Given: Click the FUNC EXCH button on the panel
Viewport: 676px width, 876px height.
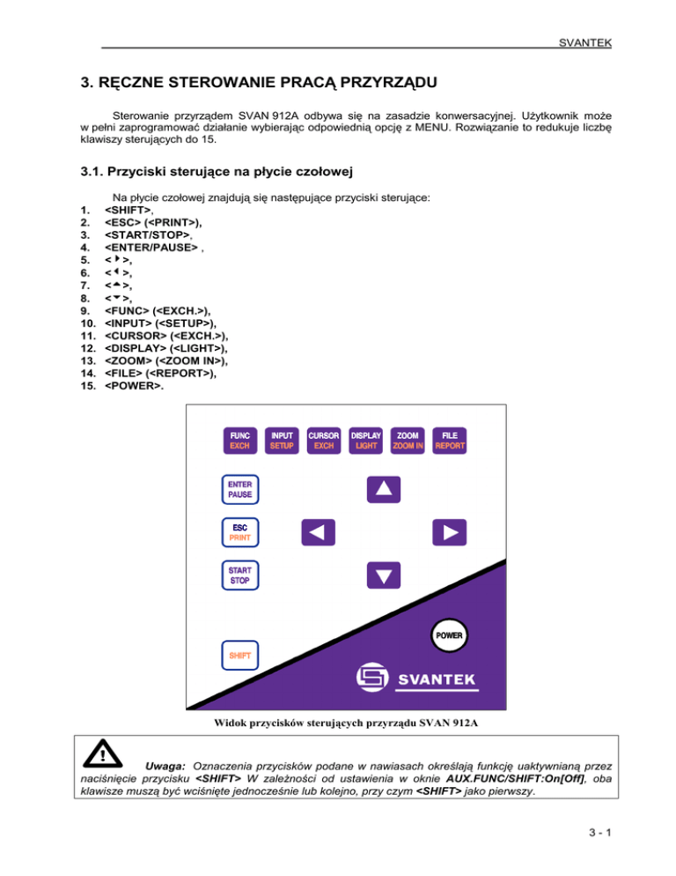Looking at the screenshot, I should (x=240, y=441).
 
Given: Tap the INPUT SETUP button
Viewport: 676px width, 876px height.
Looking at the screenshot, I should (x=282, y=441).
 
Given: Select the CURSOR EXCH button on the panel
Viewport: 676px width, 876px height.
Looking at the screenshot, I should (x=323, y=441).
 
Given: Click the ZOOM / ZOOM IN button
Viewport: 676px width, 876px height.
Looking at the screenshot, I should (x=408, y=441).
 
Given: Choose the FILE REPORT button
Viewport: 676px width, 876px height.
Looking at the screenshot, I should (x=450, y=441).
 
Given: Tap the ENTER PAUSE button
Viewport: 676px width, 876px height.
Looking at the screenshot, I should (x=240, y=489).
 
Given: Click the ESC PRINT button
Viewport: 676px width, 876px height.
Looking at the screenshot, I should (x=240, y=531).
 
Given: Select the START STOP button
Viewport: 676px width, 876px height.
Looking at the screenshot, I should (x=240, y=575).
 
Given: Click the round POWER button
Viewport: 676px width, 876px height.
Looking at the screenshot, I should (x=448, y=635).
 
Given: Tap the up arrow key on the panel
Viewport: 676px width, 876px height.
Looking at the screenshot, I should (x=383, y=487).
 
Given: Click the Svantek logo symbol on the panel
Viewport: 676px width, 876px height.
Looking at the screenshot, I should (x=371, y=678).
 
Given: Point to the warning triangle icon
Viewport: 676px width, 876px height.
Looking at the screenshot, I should (x=105, y=755).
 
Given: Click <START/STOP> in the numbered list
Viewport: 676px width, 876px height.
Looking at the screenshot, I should (x=145, y=236).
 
